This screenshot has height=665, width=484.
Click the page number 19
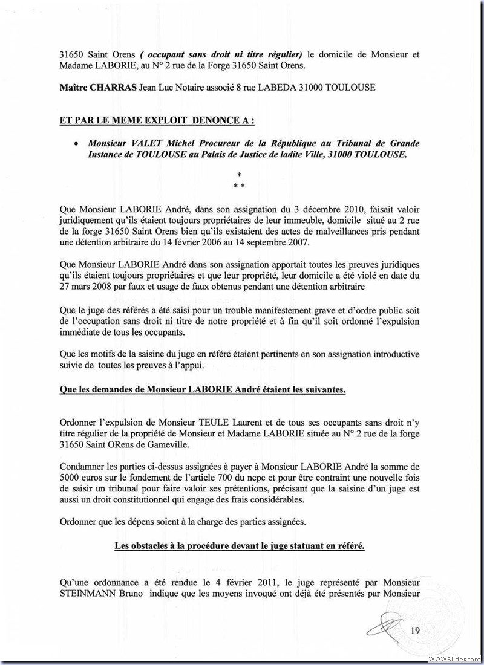415,631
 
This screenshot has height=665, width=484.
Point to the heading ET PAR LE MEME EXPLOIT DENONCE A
157,120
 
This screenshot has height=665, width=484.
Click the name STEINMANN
88,592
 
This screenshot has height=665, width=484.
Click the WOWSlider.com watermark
454,658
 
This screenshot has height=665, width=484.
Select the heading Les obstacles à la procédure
240,546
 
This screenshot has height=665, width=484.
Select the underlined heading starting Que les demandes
203,390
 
